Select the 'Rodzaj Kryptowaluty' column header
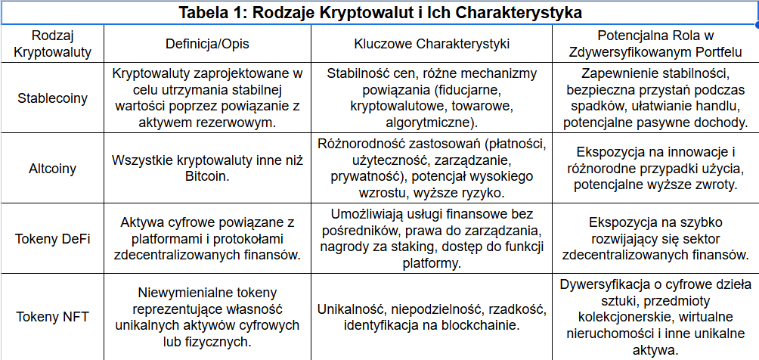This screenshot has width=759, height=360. click(53, 45)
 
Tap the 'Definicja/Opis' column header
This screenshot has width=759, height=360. click(206, 45)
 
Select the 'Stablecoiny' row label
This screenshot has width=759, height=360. click(53, 98)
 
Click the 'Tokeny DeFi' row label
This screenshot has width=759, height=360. click(53, 239)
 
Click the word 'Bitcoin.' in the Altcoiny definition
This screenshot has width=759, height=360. click(206, 175)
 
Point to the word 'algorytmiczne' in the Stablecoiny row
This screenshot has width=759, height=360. click(428, 122)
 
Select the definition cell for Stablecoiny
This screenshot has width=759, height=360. click(206, 98)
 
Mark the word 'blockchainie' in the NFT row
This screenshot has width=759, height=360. click(481, 326)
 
